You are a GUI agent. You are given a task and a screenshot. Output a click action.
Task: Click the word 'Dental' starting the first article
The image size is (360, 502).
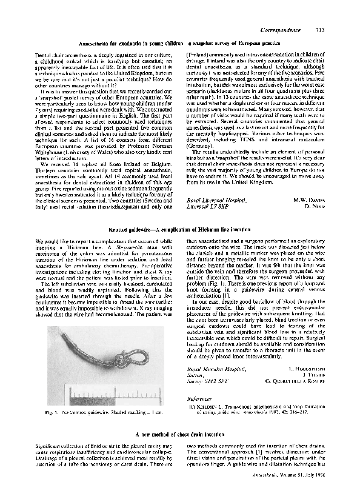click(x=44, y=54)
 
